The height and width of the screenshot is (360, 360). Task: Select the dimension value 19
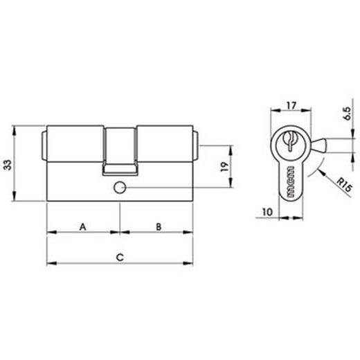pos(218,167)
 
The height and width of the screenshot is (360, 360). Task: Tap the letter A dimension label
pos(82,226)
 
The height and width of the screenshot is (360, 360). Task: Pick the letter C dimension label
pos(120,257)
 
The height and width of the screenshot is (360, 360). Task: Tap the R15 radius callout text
pos(339,186)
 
